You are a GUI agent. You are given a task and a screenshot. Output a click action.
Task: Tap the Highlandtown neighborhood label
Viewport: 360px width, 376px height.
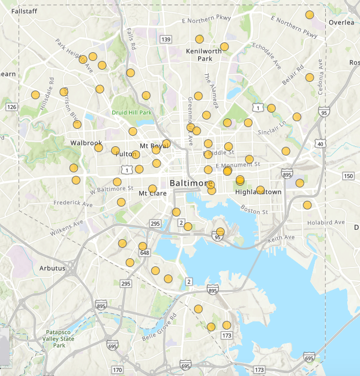coord(258,192)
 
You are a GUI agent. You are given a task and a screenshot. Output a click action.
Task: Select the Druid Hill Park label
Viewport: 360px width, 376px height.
coord(132,112)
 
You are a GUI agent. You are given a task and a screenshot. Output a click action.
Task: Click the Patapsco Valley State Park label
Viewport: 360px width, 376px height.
coord(60,339)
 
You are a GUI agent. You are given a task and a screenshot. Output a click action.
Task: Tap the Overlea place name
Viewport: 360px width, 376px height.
coord(341,23)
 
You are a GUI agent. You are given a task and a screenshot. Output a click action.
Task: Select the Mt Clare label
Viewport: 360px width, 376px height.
coord(149,193)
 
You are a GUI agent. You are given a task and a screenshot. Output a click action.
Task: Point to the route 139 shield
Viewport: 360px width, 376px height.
coord(166,39)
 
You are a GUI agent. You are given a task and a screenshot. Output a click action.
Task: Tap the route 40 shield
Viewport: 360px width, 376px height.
coord(320,143)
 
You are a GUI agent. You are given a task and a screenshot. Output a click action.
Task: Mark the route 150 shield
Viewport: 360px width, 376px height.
coord(348,176)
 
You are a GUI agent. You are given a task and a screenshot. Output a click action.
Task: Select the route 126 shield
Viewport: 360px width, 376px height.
coord(12,107)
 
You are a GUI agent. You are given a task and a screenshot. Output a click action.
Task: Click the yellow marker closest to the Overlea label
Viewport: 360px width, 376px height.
coord(310,15)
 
